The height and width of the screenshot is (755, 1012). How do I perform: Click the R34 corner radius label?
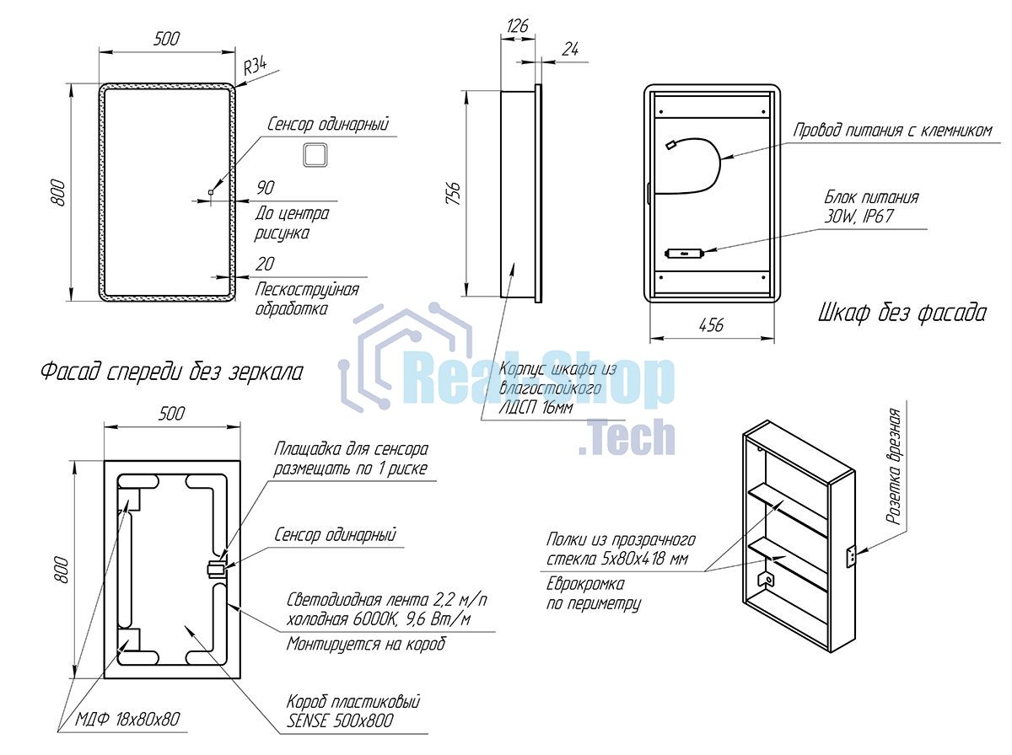255,67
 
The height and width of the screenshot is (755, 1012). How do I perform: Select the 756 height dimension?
453,194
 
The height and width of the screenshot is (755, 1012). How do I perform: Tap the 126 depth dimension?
517,26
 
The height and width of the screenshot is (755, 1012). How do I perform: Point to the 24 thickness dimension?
570,49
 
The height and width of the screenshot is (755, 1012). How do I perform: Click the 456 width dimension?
711,325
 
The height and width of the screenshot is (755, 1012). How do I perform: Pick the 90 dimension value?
265,187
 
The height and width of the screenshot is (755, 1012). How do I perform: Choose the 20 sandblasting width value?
265,264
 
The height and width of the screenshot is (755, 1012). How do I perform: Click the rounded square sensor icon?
315,155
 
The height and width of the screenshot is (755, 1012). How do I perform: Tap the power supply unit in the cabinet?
684,253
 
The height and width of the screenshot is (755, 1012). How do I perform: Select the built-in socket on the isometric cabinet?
852,556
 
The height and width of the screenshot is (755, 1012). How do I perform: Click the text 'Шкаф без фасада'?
902,313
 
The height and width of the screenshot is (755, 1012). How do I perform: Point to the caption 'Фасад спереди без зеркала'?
171,372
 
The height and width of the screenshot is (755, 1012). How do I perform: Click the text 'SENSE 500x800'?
340,721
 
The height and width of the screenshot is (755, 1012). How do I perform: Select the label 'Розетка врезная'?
893,466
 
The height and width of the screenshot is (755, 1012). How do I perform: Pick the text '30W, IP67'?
859,217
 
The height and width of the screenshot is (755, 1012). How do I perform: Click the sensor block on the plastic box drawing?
216,570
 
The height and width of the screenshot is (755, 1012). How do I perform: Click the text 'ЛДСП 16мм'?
536,408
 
